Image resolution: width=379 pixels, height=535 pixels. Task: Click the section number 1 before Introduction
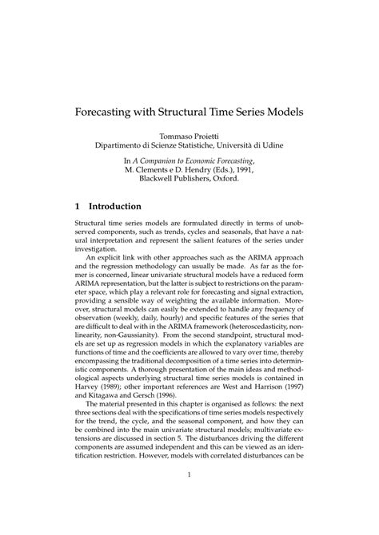tap(77, 206)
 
